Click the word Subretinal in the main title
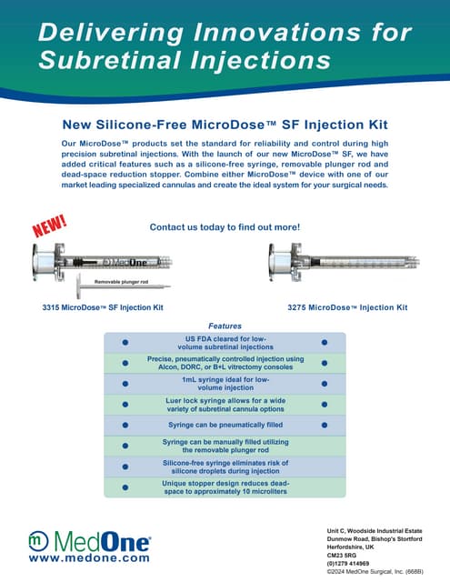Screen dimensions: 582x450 tap(110, 62)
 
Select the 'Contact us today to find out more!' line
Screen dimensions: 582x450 tap(224, 226)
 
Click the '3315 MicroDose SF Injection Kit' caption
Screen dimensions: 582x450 tap(103, 307)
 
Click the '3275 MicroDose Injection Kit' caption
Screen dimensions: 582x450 tap(347, 307)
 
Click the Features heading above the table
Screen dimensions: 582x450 tap(225, 326)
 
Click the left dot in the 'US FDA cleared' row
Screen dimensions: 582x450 tap(125, 343)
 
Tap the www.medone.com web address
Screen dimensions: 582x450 tap(89, 559)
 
